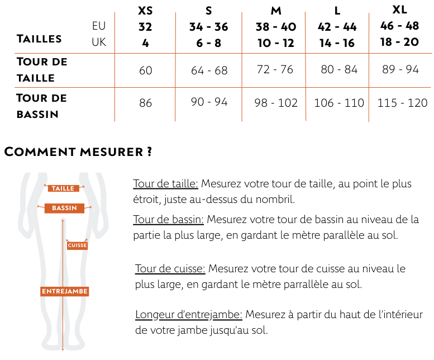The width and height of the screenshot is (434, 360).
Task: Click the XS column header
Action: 145,11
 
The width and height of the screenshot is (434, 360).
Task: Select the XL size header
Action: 399,10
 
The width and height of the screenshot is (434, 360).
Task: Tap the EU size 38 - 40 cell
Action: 276,27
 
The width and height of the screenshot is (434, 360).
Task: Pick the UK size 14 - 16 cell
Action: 337,43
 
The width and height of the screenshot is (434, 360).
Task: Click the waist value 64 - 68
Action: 209,70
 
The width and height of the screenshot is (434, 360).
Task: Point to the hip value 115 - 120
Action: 402,103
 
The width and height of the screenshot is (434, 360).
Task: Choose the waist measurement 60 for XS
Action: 145,70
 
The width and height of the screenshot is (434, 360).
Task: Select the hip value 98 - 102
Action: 276,103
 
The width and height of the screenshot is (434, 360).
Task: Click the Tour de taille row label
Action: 42,70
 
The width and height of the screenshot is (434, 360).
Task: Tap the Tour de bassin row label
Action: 42,106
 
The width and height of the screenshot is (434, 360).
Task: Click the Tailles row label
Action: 40,39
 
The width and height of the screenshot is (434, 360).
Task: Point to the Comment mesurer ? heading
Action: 78,151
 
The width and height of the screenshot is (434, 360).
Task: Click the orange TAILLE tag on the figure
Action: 63,188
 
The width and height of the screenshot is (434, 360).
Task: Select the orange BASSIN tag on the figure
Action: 64,208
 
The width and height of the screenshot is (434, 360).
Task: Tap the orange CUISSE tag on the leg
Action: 77,245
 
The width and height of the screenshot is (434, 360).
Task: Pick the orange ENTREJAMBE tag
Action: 65,291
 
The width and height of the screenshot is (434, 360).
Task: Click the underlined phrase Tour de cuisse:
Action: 170,269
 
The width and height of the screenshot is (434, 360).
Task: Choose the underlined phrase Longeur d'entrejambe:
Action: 189,315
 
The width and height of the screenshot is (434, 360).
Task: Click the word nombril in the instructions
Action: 276,199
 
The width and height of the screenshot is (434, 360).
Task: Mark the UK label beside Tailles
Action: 99,42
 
